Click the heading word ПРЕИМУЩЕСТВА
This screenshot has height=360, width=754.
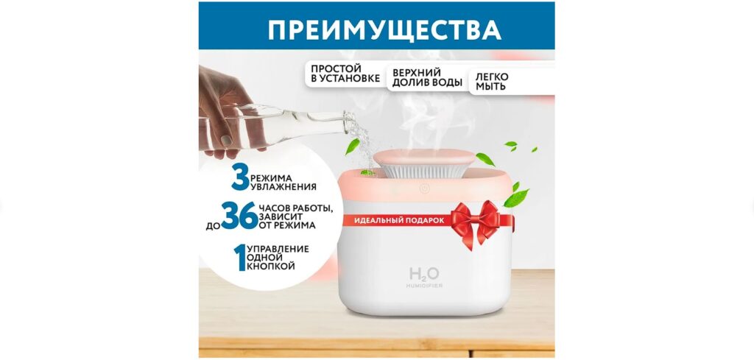[x=384, y=29]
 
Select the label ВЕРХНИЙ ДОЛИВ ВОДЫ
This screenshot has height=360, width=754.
[x=423, y=77]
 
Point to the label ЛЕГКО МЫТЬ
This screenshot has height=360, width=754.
[x=492, y=82]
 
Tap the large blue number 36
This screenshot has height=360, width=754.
[x=239, y=216]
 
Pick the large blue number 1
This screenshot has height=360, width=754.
[x=239, y=257]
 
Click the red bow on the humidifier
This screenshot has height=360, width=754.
[x=476, y=222]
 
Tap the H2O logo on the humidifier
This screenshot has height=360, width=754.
[x=424, y=275]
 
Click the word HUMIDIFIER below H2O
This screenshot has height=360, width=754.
[x=424, y=286]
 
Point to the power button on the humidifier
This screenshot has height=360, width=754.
[x=424, y=189]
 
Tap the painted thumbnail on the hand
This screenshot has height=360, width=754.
[x=226, y=141]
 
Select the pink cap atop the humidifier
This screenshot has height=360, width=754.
[x=423, y=158]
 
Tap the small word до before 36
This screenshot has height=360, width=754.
[x=213, y=226]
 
